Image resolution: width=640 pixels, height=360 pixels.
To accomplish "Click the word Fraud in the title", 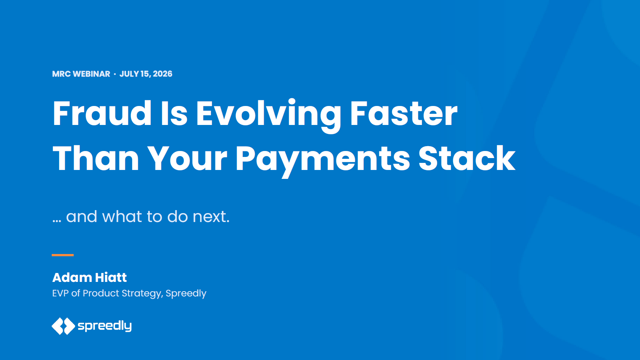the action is [x=102, y=113].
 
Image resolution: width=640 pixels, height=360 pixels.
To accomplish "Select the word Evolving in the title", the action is [x=268, y=116].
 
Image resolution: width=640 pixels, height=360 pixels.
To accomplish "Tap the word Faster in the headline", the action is [x=404, y=113].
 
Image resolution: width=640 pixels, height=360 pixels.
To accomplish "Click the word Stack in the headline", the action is [x=467, y=158].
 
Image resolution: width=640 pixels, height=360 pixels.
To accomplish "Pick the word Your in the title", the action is [x=187, y=158].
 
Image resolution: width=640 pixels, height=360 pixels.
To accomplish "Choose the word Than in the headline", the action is [x=96, y=158].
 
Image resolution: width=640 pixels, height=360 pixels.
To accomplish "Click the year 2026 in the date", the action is [x=163, y=74].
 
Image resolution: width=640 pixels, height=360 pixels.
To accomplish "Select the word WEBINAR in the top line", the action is [x=92, y=74].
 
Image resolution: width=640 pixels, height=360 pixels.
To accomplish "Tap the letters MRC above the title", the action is [x=61, y=74].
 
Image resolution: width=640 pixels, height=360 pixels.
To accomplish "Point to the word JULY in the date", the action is [x=129, y=74].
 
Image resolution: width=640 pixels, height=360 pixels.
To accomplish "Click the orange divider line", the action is [x=63, y=255].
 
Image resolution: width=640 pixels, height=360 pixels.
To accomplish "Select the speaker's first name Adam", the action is [x=72, y=277].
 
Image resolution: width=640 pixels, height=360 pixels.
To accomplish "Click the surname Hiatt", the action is [x=111, y=277].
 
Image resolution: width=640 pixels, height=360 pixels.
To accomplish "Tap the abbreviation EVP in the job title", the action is [x=60, y=293].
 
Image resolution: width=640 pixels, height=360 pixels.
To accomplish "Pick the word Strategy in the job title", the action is [x=142, y=294].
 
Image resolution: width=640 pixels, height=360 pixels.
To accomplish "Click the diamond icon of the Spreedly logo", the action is [x=63, y=326].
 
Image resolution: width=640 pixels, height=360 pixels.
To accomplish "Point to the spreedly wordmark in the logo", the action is [x=105, y=326].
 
